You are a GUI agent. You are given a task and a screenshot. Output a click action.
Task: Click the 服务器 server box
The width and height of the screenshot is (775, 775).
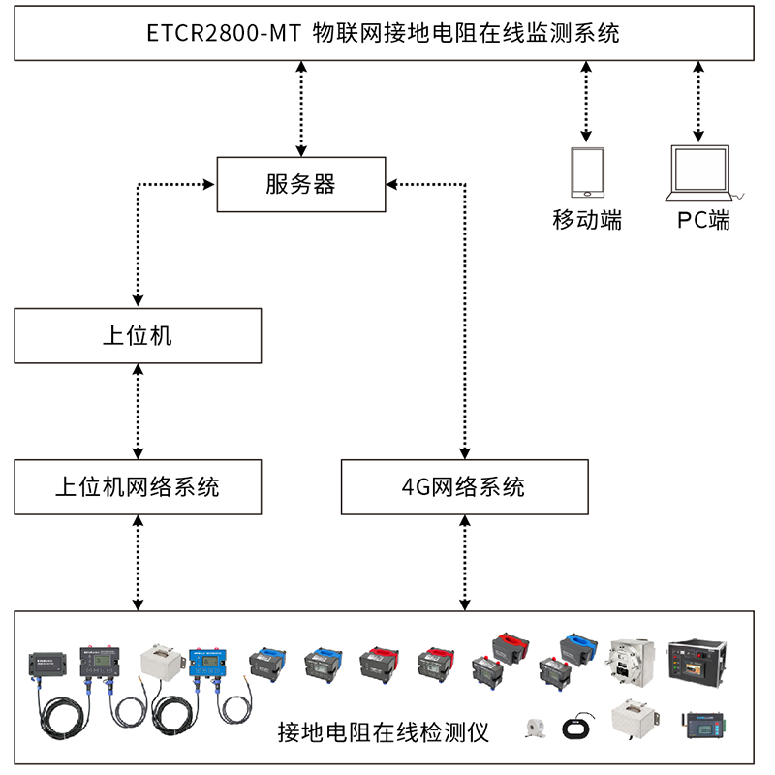tap(301, 184)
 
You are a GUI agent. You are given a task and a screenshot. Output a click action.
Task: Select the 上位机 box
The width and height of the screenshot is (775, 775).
tap(138, 336)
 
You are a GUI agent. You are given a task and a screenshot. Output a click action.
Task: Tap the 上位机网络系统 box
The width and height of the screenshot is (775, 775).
tap(138, 486)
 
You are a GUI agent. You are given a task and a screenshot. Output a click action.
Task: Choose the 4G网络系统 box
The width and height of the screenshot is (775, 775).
tap(464, 486)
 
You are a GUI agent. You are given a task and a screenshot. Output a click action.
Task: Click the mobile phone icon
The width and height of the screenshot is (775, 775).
tap(586, 172)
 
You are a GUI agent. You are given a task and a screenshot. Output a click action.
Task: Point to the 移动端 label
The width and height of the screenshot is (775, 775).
tap(586, 220)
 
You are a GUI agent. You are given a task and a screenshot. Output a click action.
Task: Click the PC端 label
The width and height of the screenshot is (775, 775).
tap(704, 220)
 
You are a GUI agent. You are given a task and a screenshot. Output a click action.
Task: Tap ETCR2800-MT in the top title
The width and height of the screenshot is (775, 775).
tap(223, 33)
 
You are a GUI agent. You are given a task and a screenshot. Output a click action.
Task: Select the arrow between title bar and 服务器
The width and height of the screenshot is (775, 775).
tap(301, 108)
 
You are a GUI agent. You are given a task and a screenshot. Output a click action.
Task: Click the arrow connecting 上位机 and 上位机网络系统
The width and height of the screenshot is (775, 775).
tap(139, 412)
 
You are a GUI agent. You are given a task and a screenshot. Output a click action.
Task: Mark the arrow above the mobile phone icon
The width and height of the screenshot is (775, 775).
tap(585, 101)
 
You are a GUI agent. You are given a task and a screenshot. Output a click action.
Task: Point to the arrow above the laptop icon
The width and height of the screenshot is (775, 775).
tap(697, 101)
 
